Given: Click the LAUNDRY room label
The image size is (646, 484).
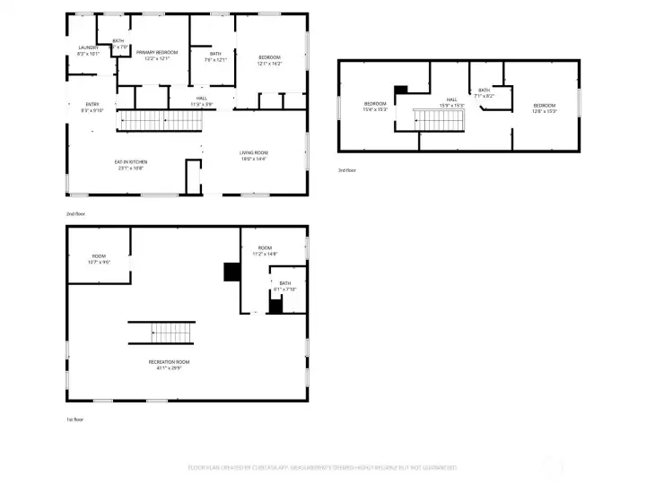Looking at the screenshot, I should tap(88, 48).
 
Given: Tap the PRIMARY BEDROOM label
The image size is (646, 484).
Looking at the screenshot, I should tap(156, 52).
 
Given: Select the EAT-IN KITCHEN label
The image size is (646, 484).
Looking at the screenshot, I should tap(130, 162).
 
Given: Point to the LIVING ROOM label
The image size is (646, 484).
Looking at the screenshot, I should tap(254, 152).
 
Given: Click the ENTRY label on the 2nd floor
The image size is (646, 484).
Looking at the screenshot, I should tap(92, 104).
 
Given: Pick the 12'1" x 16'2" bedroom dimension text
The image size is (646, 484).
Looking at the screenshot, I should tap(270, 64).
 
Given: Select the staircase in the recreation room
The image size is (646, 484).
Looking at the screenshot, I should tap(161, 333).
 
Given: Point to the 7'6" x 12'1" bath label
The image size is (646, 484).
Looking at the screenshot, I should tap(215, 53).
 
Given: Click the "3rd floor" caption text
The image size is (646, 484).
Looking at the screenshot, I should tap(347, 169).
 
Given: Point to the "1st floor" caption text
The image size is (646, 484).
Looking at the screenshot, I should tap(76, 419).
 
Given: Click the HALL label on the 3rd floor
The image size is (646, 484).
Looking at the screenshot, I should tap(451, 99).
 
